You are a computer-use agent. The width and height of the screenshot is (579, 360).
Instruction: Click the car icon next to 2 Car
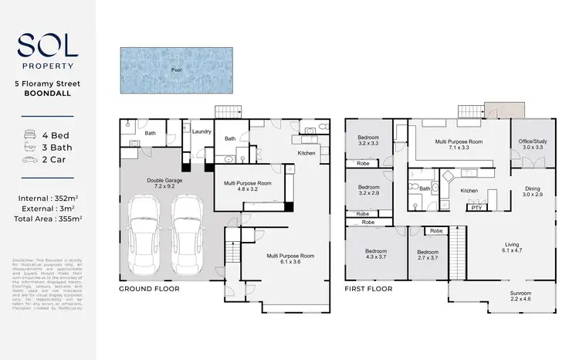click(x=29, y=160)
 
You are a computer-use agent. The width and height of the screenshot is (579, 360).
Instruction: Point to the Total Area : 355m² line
click(x=47, y=219)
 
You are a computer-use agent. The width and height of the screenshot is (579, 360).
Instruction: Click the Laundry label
click(x=201, y=132)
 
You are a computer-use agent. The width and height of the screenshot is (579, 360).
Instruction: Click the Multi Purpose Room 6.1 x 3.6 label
click(x=290, y=259)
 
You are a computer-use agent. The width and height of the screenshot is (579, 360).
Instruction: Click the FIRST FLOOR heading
click(x=370, y=289)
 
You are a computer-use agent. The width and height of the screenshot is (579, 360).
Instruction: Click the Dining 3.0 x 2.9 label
click(x=533, y=192)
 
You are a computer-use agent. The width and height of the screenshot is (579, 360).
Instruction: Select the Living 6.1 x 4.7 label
click(x=513, y=246)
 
